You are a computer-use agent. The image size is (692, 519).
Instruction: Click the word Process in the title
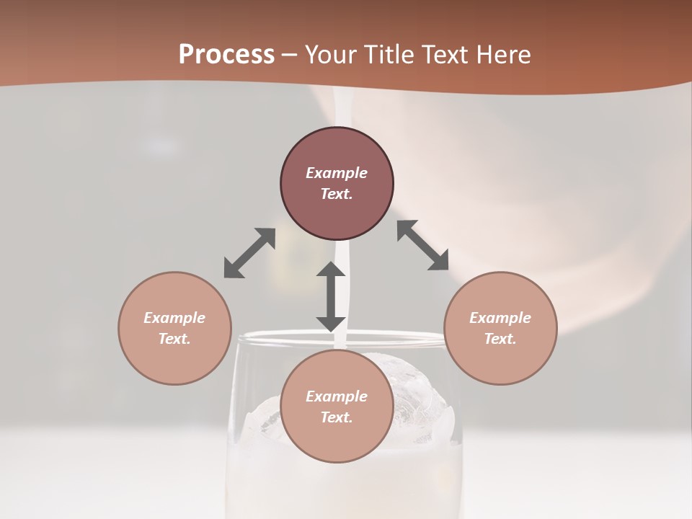click(x=226, y=55)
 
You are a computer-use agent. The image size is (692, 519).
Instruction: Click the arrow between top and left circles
click(x=249, y=253)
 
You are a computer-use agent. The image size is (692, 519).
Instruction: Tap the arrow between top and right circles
click(x=423, y=246)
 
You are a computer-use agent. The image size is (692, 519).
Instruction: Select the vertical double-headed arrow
click(x=331, y=296)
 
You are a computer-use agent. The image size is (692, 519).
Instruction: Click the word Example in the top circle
click(x=337, y=173)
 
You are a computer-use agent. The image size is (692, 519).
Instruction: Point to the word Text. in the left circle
click(x=174, y=339)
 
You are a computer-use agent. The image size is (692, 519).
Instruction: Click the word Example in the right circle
click(x=500, y=318)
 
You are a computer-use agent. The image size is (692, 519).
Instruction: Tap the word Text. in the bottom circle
click(x=337, y=417)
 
